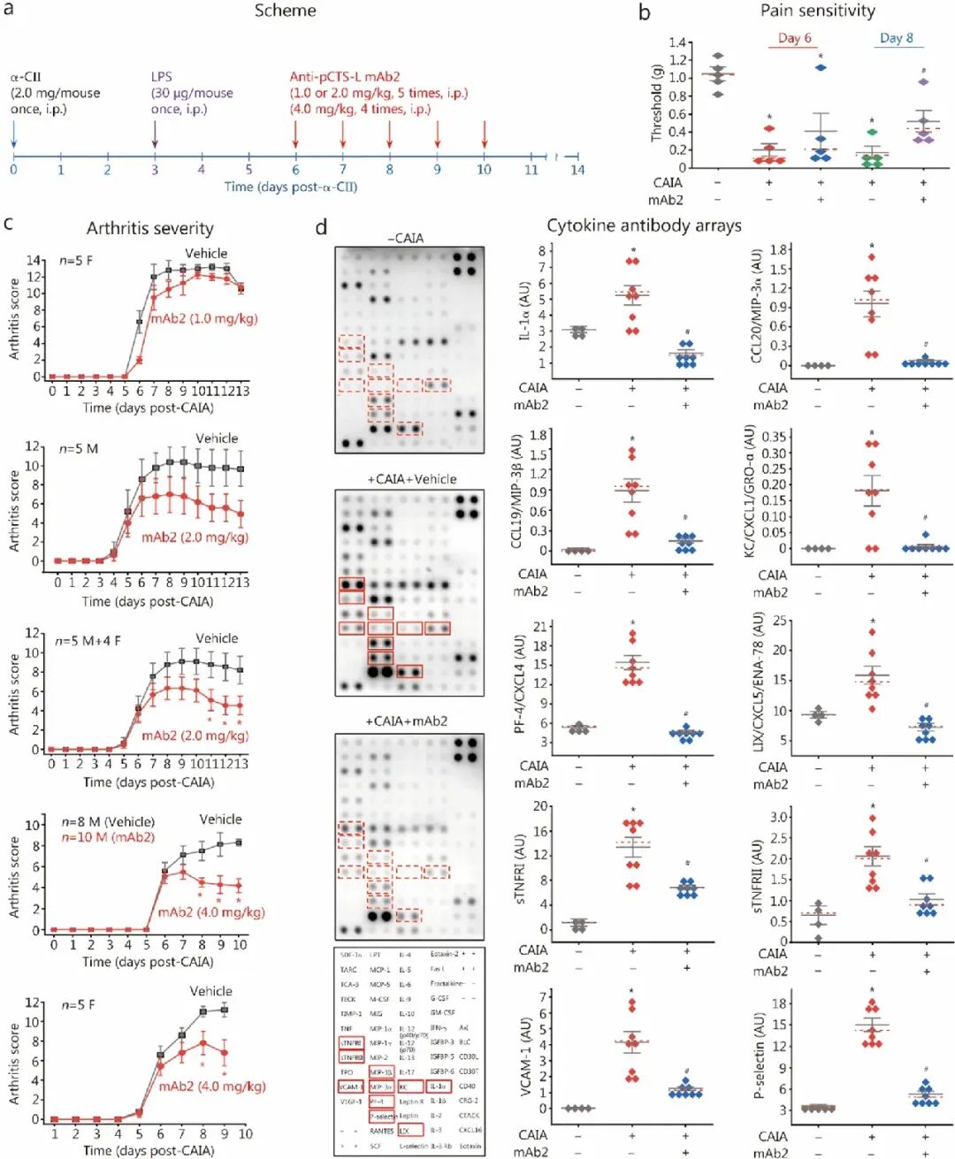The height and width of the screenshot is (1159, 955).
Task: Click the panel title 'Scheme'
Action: tap(285, 11)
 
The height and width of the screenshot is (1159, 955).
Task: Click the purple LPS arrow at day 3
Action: tap(155, 133)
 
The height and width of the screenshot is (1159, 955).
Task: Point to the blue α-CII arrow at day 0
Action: tap(13, 133)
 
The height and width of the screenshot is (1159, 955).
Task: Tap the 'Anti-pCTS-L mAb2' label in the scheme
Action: tap(344, 77)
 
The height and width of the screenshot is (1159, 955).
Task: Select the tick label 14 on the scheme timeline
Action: tap(577, 170)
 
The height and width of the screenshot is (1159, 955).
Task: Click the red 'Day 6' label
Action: tap(794, 38)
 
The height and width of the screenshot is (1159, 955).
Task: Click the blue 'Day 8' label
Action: tap(896, 38)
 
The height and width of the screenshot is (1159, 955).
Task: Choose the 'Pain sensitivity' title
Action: tap(817, 11)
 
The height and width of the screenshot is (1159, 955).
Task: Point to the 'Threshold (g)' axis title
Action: tap(656, 103)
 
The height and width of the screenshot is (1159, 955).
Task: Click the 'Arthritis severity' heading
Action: tap(149, 228)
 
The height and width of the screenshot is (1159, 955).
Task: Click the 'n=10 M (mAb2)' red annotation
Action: tap(108, 837)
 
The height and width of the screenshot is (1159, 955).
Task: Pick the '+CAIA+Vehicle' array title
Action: tap(411, 479)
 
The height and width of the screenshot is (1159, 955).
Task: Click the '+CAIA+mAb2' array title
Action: tap(406, 721)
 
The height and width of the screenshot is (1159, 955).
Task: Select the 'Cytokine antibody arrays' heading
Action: tap(644, 225)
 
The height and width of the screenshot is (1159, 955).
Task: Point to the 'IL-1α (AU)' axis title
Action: tap(523, 311)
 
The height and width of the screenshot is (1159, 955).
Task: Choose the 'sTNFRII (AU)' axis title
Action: tap(759, 876)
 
